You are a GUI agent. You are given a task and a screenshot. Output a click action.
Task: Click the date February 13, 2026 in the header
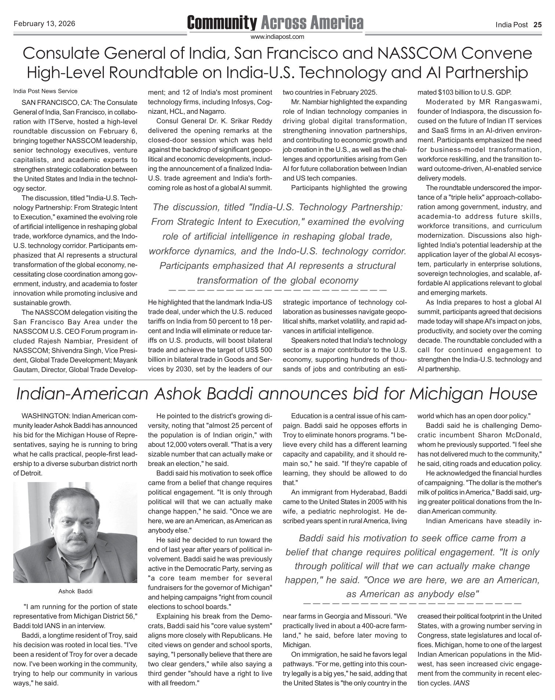44,24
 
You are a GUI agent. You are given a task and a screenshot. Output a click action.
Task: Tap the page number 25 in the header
537,25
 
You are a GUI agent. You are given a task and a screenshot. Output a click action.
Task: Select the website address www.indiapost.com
277,37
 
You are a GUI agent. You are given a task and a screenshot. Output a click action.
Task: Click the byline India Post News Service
45,91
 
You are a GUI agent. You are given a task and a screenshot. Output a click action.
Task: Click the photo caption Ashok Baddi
75,591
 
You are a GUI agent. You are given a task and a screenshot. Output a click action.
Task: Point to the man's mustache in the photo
77,538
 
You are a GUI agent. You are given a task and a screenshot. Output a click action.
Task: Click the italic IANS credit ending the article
462,683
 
